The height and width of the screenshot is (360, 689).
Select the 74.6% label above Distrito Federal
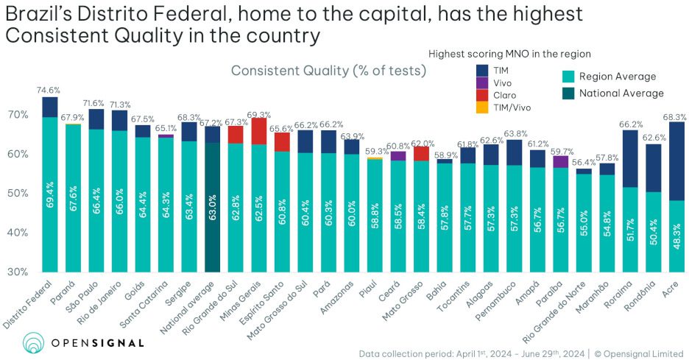point(49,90)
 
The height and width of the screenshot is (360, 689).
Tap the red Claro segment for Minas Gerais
point(258,131)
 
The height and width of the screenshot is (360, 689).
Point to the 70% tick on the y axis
point(18,115)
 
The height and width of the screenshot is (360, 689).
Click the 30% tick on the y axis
point(18,272)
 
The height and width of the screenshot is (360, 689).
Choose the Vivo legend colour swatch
point(482,82)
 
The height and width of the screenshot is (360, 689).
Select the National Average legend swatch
point(568,93)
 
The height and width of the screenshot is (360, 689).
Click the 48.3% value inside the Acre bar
point(676,239)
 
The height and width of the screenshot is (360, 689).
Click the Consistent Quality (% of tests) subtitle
point(328,71)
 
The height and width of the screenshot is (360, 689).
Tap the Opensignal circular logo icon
point(34,342)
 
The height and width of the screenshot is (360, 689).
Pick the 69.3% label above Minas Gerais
point(259,115)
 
